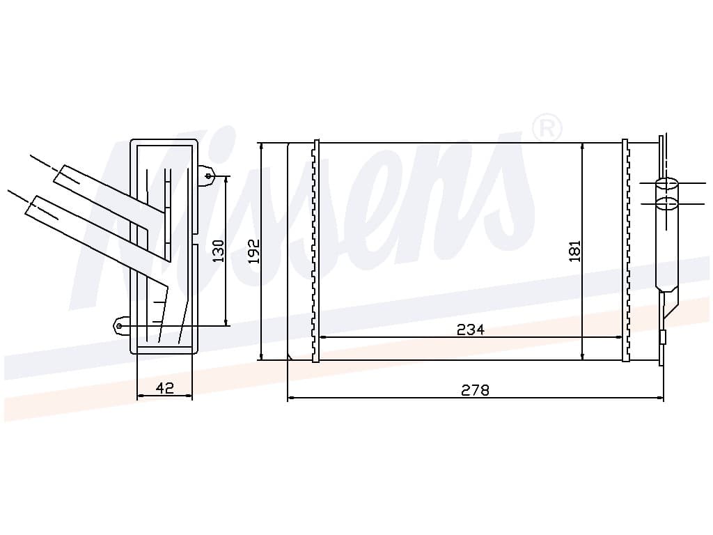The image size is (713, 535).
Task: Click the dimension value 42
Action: pyautogui.click(x=164, y=388)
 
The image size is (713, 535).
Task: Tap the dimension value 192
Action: pyautogui.click(x=253, y=251)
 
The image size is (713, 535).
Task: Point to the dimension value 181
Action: pyautogui.click(x=575, y=251)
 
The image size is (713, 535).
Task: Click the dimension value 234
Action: pyautogui.click(x=471, y=329)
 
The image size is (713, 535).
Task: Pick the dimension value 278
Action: pyautogui.click(x=475, y=390)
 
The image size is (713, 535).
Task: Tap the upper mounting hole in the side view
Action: pyautogui.click(x=209, y=176)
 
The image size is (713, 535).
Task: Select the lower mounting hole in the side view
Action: pyautogui.click(x=119, y=326)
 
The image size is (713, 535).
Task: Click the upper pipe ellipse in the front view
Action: pyautogui.click(x=666, y=184)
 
